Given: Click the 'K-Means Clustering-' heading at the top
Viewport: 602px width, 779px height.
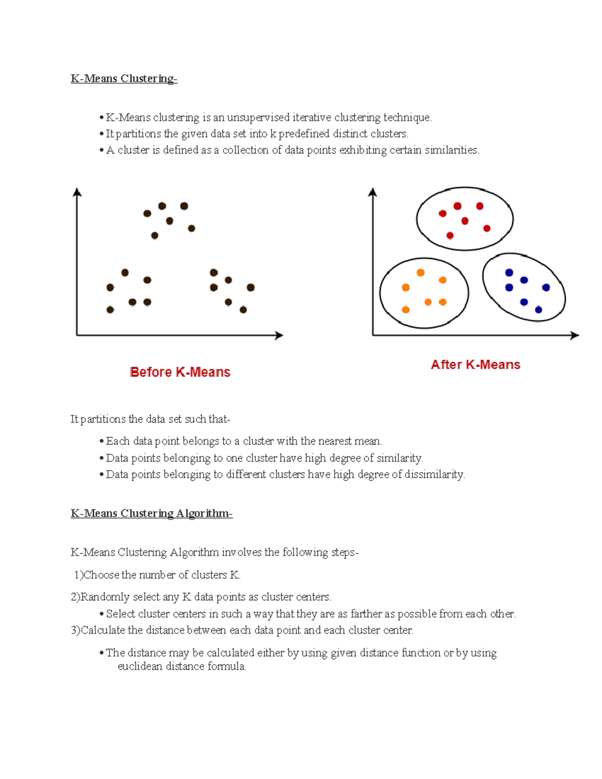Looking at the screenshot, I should click(124, 79).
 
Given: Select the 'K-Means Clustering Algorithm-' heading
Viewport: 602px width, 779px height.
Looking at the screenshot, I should click(152, 514).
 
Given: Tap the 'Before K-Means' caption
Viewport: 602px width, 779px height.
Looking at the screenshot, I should click(180, 372).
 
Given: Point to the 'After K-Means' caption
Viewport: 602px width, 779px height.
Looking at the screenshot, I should click(476, 365).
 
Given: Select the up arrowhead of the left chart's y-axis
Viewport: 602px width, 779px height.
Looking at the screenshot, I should click(77, 192).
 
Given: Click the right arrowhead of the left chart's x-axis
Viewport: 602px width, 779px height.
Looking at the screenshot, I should click(280, 335).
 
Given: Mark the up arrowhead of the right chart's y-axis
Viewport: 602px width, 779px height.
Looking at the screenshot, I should click(372, 192).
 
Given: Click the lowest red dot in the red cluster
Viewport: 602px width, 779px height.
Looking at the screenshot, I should click(450, 235).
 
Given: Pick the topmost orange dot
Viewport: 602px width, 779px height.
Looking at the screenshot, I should click(420, 273).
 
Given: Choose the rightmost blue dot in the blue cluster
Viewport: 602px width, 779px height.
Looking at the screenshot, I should click(546, 287).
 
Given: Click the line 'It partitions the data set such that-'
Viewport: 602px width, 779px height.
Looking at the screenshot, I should click(150, 419).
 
